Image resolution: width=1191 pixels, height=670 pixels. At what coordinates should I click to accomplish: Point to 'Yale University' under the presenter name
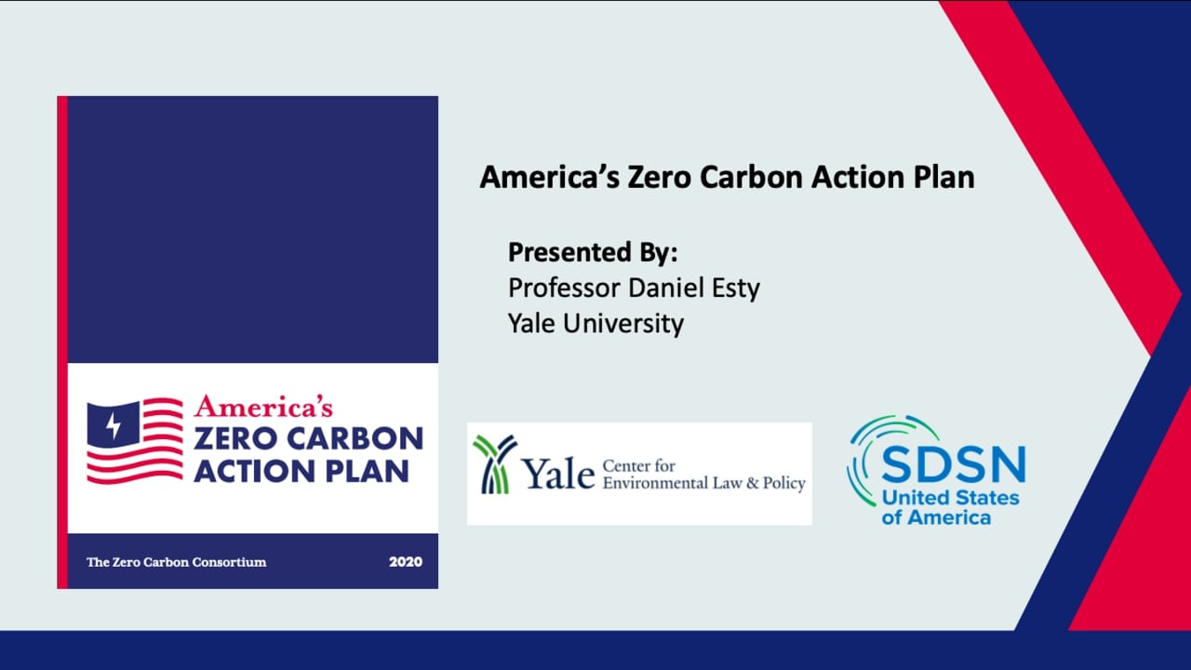(595, 323)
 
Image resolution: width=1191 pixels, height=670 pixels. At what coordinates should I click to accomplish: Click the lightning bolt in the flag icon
(114, 425)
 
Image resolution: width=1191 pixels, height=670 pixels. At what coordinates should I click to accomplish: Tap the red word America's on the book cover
(263, 406)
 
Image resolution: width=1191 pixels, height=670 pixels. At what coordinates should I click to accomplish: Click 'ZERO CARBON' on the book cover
(308, 437)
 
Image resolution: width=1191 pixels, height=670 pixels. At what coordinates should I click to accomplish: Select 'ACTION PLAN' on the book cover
(301, 470)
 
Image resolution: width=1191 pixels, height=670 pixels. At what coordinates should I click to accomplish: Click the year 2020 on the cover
(405, 562)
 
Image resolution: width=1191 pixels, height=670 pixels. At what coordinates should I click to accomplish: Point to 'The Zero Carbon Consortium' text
(176, 562)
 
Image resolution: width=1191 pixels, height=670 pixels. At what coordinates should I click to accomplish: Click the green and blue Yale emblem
(494, 463)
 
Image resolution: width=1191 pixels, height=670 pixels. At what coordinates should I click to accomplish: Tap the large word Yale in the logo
(558, 476)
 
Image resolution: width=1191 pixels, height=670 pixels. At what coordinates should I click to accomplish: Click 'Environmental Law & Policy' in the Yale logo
(703, 484)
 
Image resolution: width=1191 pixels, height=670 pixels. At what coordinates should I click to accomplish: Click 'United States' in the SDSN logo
(950, 498)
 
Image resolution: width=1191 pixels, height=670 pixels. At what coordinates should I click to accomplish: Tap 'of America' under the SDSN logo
(936, 517)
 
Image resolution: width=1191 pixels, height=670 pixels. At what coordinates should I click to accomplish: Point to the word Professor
(563, 288)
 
